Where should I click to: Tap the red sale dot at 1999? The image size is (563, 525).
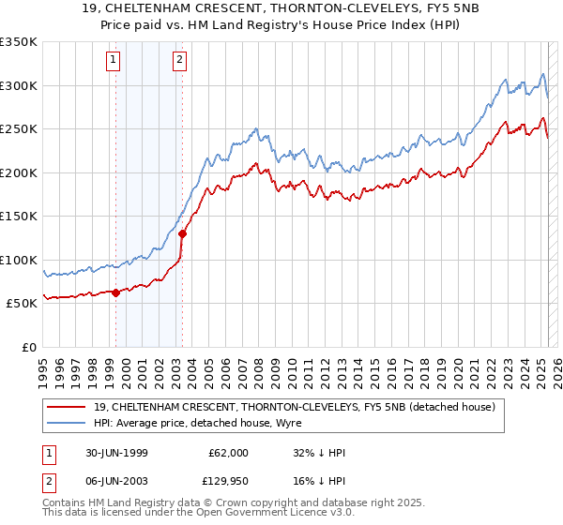(116, 292)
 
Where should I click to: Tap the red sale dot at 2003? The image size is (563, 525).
(181, 233)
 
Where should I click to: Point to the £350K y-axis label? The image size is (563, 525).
(19, 42)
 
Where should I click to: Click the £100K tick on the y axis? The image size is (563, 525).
(19, 260)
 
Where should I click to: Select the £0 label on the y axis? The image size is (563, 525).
(30, 347)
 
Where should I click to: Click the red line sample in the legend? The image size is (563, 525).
(67, 407)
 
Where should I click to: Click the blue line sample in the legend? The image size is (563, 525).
(67, 423)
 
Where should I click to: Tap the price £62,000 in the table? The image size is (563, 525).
(228, 453)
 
